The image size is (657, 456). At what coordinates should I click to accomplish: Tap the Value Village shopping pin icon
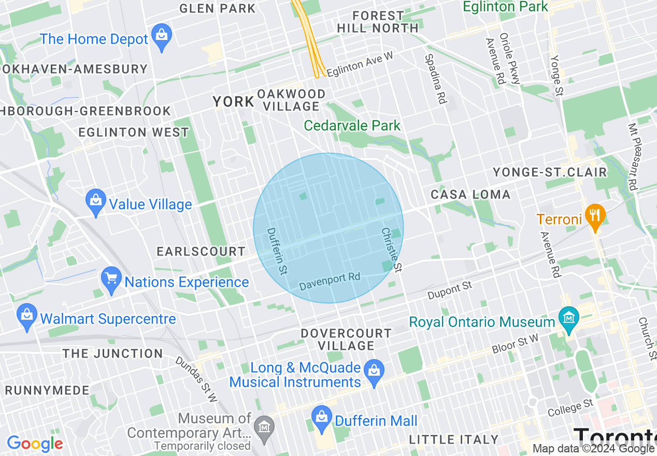(96, 203)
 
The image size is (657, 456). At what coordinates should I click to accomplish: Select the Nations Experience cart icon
(111, 281)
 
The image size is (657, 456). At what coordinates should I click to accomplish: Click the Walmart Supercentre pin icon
(26, 317)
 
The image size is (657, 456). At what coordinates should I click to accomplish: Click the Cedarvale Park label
(352, 125)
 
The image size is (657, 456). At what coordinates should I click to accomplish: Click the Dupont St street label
(450, 290)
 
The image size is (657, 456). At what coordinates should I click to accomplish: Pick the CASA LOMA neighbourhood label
(470, 195)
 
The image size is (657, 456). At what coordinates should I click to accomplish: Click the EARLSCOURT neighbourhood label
(201, 252)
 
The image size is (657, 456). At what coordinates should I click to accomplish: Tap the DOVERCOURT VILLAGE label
(346, 339)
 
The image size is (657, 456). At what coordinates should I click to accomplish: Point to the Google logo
(35, 444)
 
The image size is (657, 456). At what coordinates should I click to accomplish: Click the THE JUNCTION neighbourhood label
(112, 354)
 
